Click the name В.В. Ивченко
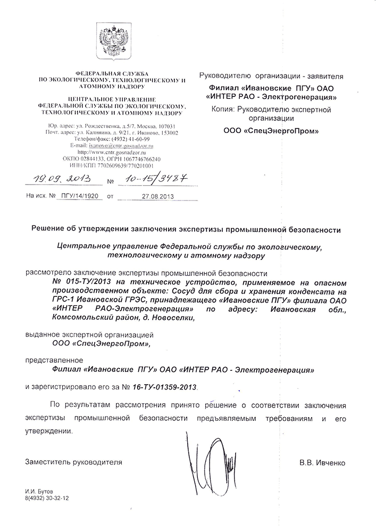(322, 462)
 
